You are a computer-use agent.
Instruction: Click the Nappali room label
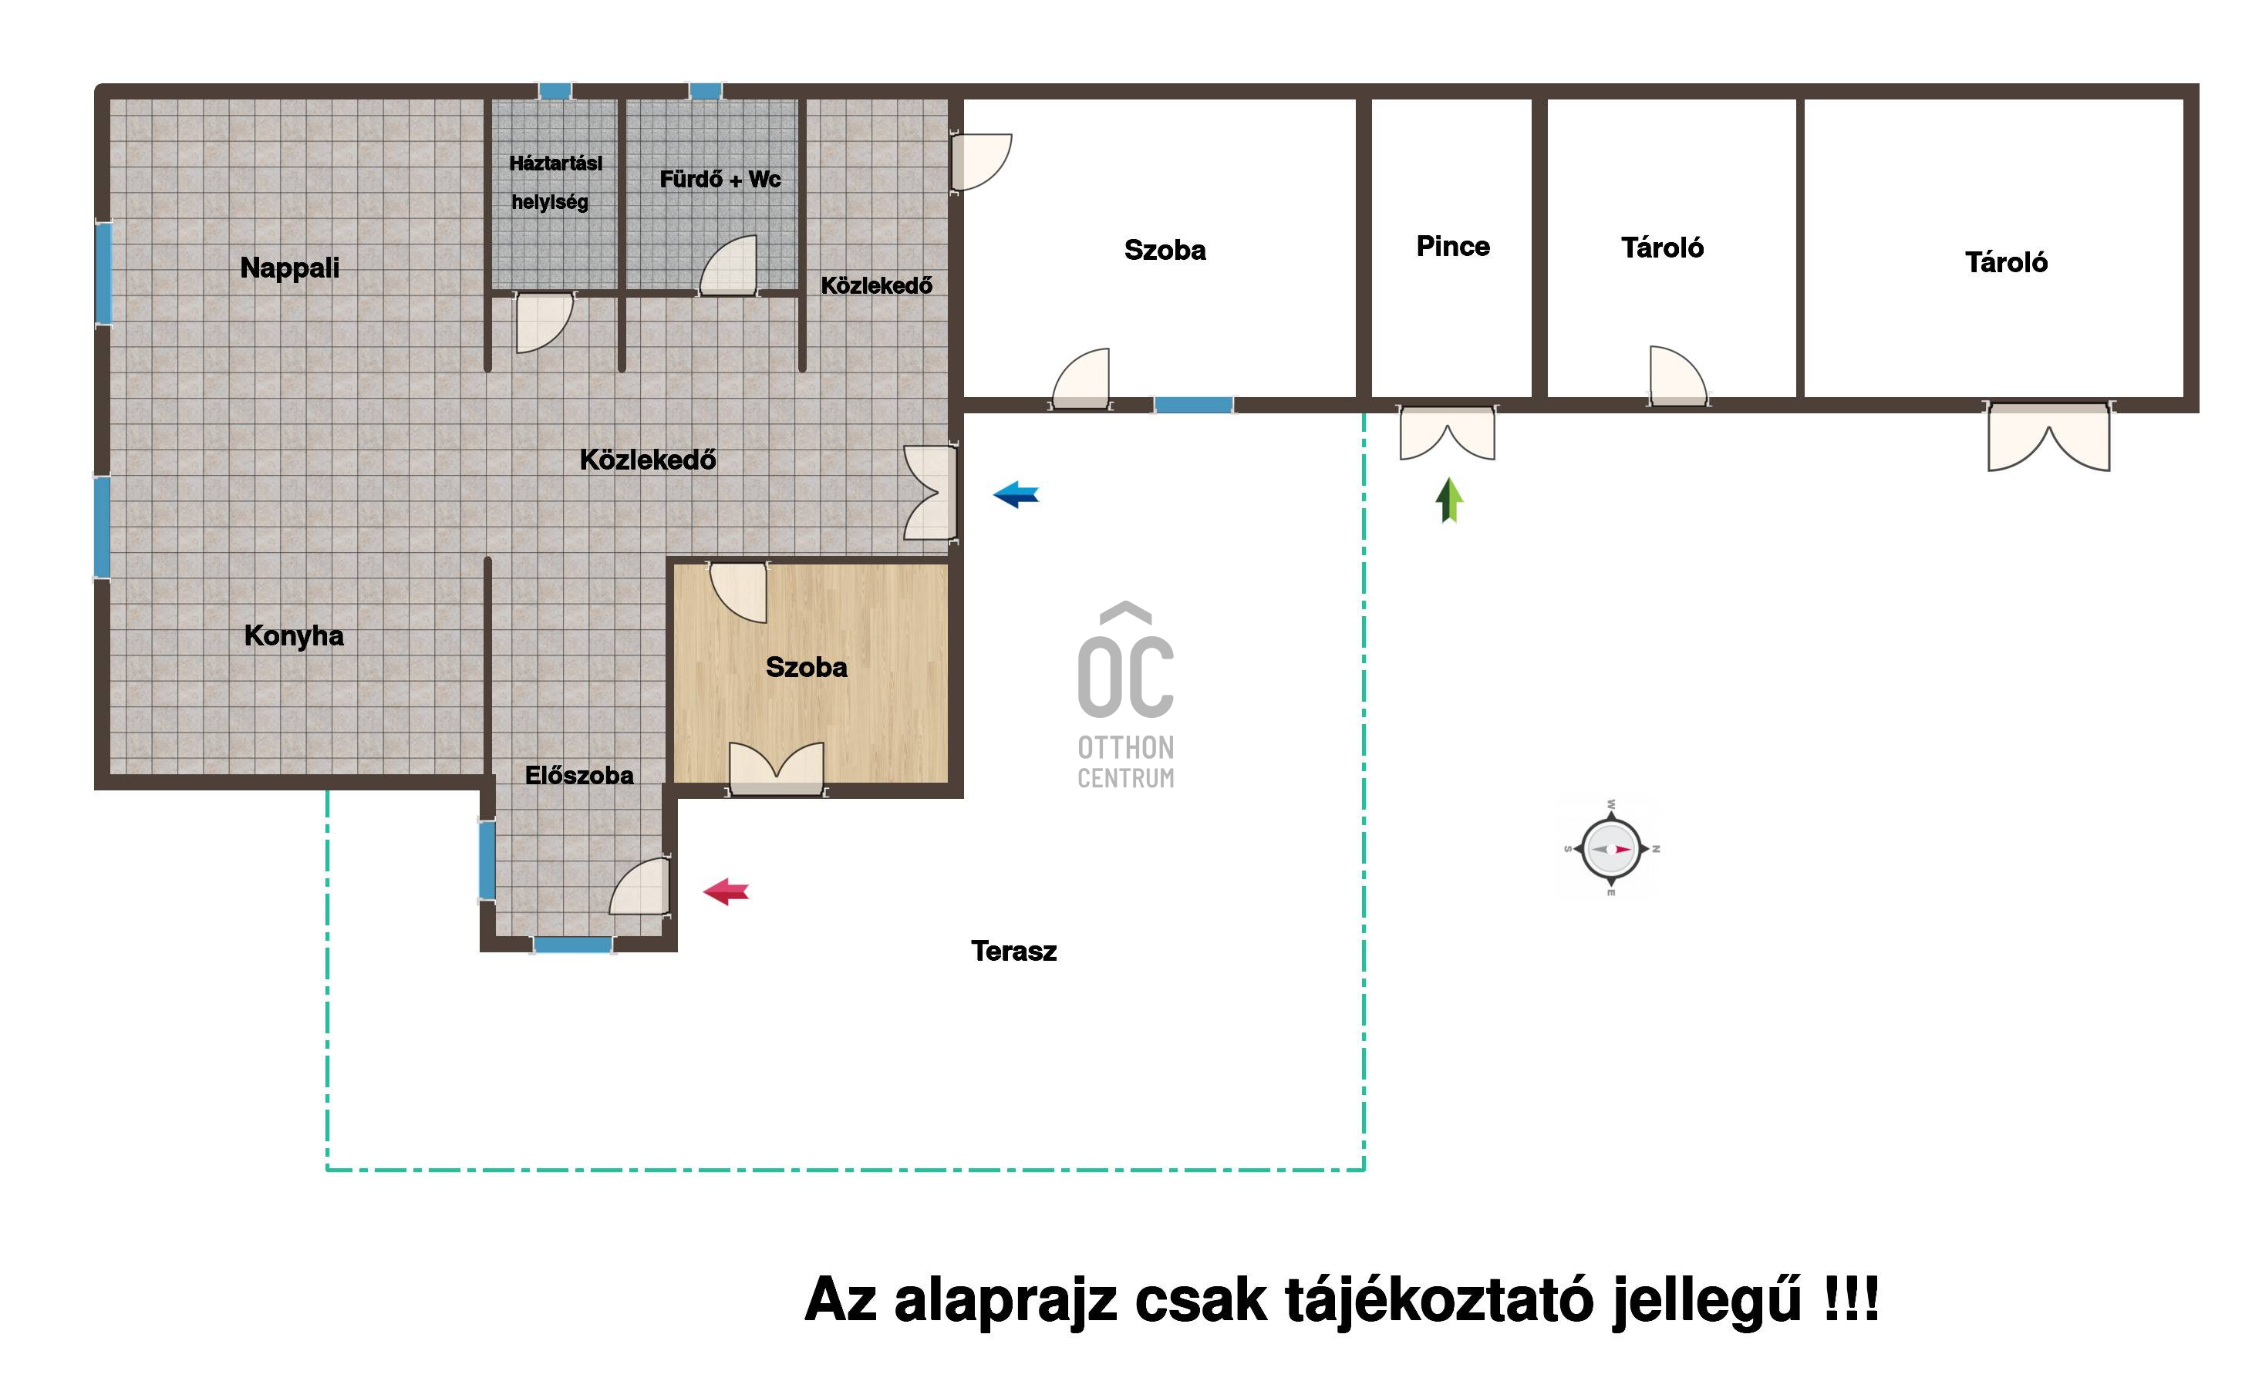point(289,268)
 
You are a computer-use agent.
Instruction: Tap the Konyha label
point(294,635)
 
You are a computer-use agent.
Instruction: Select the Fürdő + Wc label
point(720,179)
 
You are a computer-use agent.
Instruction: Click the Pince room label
point(1452,246)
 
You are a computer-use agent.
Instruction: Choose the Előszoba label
point(578,775)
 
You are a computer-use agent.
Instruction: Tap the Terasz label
point(1013,951)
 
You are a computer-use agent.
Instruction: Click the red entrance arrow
point(727,891)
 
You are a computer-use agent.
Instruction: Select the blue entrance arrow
point(1016,495)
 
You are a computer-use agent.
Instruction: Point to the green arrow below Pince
point(1450,500)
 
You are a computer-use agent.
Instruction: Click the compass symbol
point(1611,848)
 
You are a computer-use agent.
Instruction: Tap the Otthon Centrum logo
point(1125,696)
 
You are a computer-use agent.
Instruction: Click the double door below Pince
point(1447,433)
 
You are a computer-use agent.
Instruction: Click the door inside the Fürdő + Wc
point(729,266)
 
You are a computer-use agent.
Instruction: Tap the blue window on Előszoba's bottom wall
point(573,945)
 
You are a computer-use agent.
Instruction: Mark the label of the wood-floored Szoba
point(806,667)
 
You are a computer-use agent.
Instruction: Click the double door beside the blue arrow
point(931,492)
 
